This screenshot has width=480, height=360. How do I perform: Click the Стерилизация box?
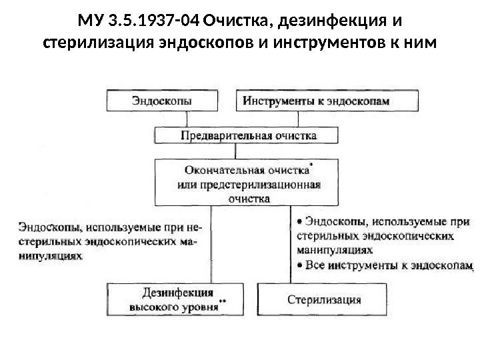[325, 299]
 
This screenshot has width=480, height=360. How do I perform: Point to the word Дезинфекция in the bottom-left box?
[178, 292]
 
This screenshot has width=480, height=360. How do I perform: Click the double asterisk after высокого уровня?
[223, 301]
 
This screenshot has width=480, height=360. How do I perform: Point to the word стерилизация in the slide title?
[91, 43]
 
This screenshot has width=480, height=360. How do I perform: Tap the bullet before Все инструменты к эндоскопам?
[299, 266]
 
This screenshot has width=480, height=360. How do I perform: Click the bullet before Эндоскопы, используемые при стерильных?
[299, 220]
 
